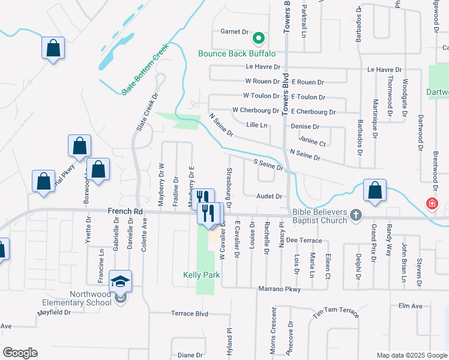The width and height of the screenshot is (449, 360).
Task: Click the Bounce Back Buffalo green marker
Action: (x=259, y=39)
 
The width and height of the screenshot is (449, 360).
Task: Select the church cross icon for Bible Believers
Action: (x=356, y=214)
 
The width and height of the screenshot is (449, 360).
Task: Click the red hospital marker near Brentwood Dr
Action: (x=431, y=204)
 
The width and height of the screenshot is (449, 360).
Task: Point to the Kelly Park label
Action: (x=202, y=275)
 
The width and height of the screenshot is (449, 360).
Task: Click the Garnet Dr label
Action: (x=234, y=31)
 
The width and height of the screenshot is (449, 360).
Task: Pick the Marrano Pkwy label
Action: (x=279, y=289)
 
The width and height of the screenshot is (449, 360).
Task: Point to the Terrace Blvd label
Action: (x=189, y=313)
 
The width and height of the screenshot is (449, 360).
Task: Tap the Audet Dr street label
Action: (x=269, y=196)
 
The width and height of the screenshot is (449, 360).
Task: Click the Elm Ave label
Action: (x=411, y=306)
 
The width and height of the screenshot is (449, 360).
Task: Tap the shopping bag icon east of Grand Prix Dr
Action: (x=375, y=191)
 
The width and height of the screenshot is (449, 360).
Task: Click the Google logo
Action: (x=20, y=353)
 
